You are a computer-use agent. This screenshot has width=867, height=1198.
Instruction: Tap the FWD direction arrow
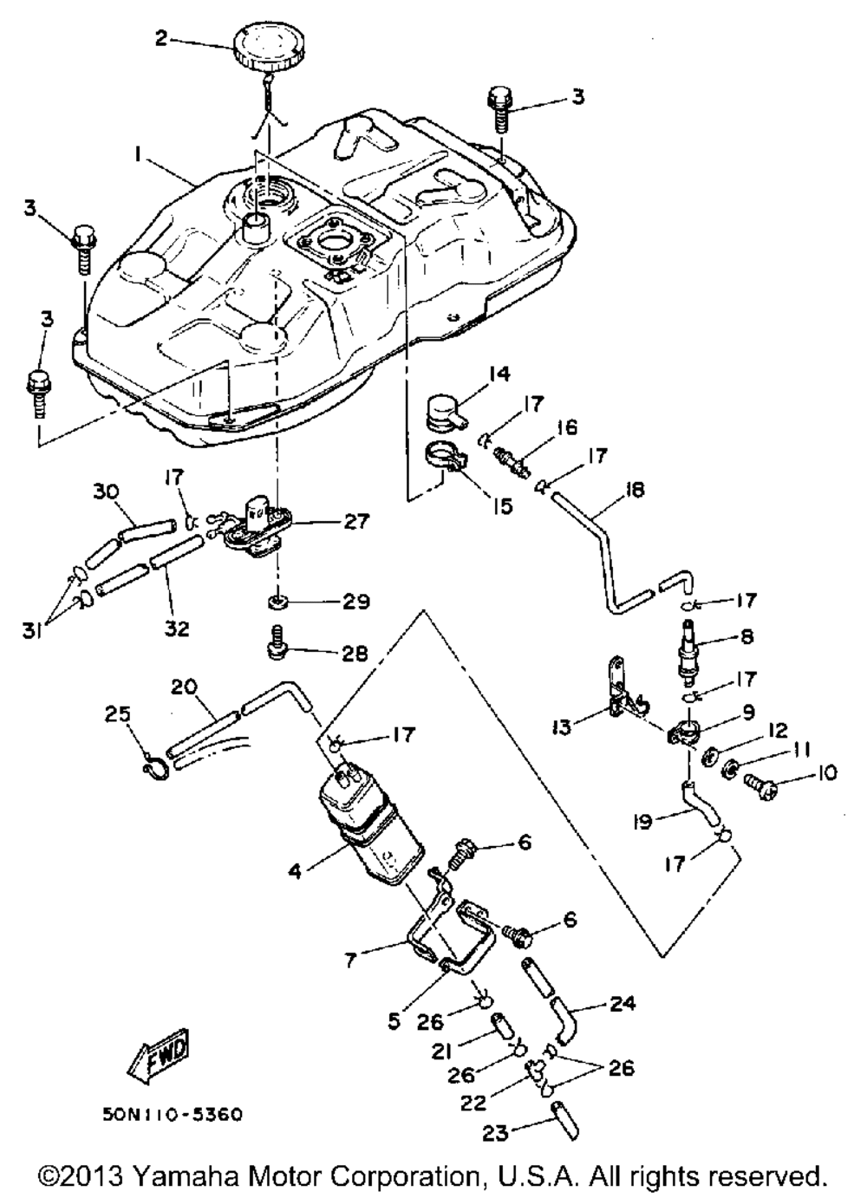pyautogui.click(x=158, y=1052)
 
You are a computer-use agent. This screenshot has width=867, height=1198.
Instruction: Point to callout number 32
pyautogui.click(x=177, y=628)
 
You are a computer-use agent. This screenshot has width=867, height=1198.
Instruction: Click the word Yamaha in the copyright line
pyautogui.click(x=166, y=1177)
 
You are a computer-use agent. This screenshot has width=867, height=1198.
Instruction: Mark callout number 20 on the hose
pyautogui.click(x=185, y=687)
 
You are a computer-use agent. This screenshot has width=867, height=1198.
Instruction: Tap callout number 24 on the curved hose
pyautogui.click(x=621, y=1004)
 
